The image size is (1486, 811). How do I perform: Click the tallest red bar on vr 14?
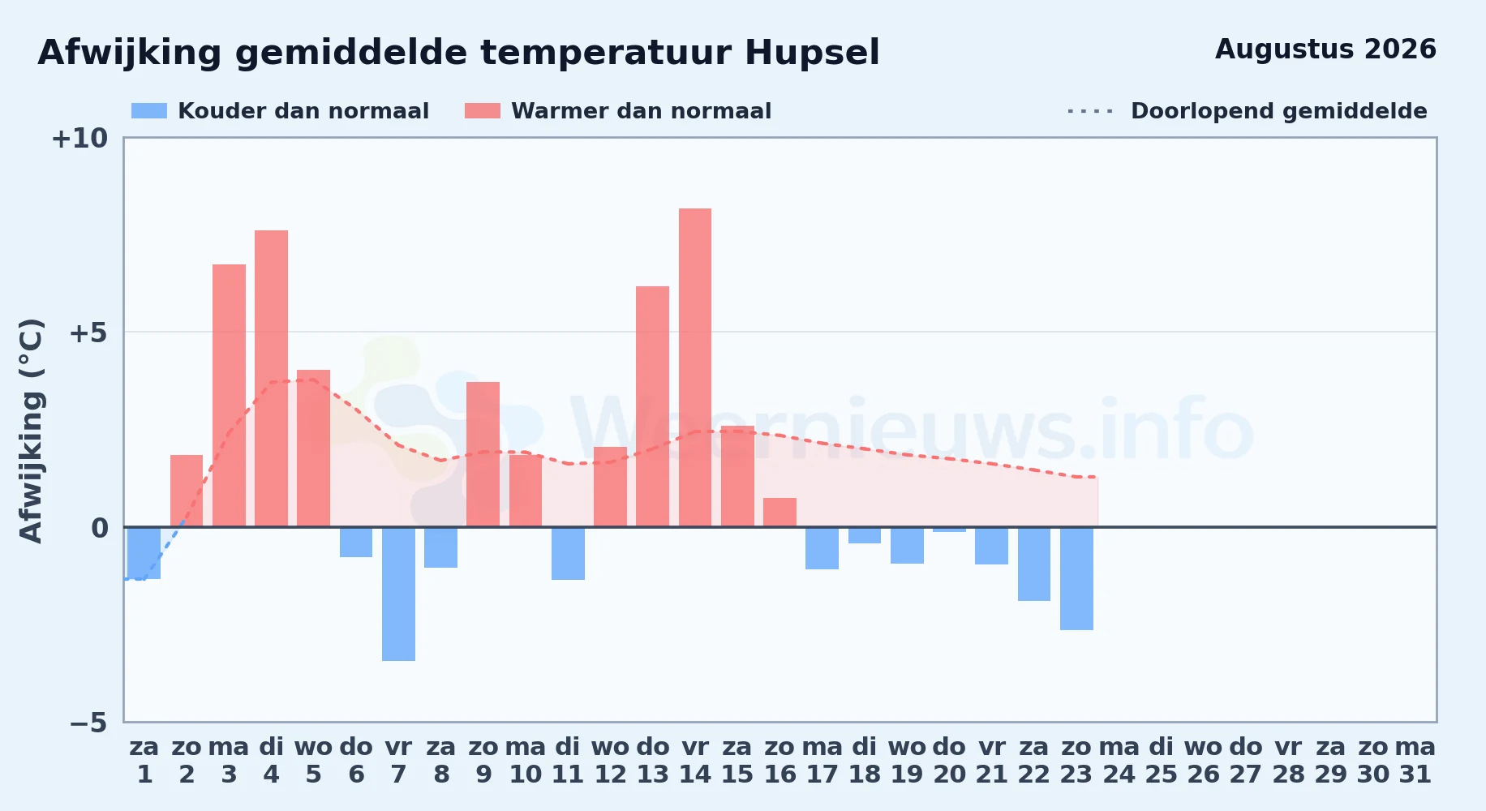pos(695,367)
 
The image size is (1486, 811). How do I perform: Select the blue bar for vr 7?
pos(398,594)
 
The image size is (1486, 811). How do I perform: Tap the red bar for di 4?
pos(271,379)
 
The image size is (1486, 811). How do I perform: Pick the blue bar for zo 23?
pos(1076,578)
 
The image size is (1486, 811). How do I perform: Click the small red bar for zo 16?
pos(780,513)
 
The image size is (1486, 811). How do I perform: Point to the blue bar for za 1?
pos(144,553)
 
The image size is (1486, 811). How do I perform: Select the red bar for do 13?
pos(653,406)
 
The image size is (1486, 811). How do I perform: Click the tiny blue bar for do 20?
pos(949,530)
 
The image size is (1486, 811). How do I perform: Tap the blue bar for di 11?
pos(568,553)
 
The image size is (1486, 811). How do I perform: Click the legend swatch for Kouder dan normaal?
pos(149,111)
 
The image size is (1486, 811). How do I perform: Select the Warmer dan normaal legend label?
pos(641,111)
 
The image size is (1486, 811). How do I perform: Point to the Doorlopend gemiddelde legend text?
pos(1279,111)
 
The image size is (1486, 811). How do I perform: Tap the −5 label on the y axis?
pos(88,723)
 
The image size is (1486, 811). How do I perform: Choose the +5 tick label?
pos(88,333)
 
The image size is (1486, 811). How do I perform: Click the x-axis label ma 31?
pos(1415,761)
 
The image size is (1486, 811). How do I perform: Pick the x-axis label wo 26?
pos(1203,761)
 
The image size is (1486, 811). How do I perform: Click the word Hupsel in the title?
pos(812,54)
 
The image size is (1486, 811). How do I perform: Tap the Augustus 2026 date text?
pos(1325,49)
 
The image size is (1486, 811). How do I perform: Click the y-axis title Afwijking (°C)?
pos(31,431)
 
